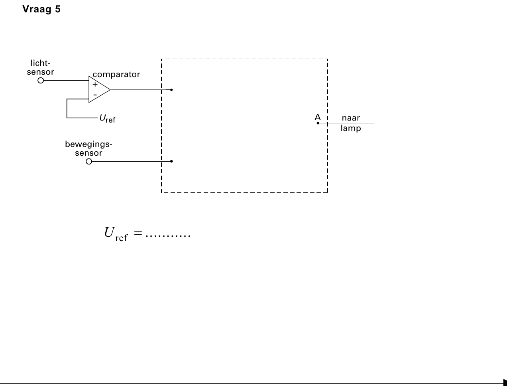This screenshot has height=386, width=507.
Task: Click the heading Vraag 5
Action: tap(41, 9)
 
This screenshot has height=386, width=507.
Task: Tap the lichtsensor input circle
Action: tap(41, 81)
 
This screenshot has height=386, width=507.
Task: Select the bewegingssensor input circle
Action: tap(89, 161)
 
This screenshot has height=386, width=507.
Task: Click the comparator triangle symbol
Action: tap(99, 89)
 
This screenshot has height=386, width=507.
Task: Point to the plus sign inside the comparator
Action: tap(95, 84)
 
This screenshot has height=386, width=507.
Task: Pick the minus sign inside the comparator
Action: tap(95, 95)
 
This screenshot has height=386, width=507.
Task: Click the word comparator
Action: tap(116, 75)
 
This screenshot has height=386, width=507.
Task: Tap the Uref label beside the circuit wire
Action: tap(107, 119)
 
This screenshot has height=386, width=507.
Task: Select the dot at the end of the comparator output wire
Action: tap(171, 90)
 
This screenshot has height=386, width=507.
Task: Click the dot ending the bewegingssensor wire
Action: tap(171, 161)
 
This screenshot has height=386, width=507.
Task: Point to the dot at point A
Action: tap(318, 123)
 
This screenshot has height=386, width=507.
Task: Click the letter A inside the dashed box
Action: tap(318, 117)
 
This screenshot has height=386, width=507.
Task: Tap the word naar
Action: tap(351, 118)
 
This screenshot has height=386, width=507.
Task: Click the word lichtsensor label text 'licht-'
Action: tap(40, 63)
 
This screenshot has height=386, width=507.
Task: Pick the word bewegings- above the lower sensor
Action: tap(89, 145)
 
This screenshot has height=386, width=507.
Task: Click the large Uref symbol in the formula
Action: tap(116, 234)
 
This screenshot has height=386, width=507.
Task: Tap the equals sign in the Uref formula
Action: tap(138, 233)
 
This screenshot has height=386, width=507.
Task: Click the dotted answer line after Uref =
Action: tap(168, 236)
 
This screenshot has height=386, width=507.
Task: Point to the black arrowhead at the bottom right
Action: tap(505, 382)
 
